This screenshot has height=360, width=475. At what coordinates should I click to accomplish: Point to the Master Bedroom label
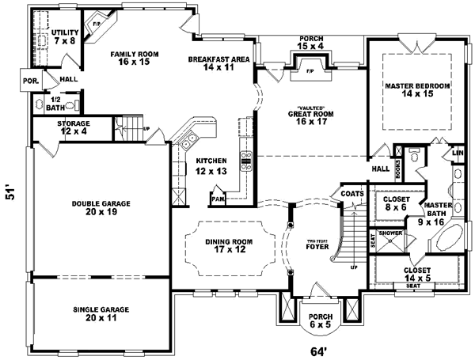click(x=417, y=89)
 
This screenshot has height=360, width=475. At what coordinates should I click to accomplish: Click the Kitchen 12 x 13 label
click(x=213, y=165)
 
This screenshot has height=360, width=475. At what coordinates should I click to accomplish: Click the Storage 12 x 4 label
click(x=73, y=128)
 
